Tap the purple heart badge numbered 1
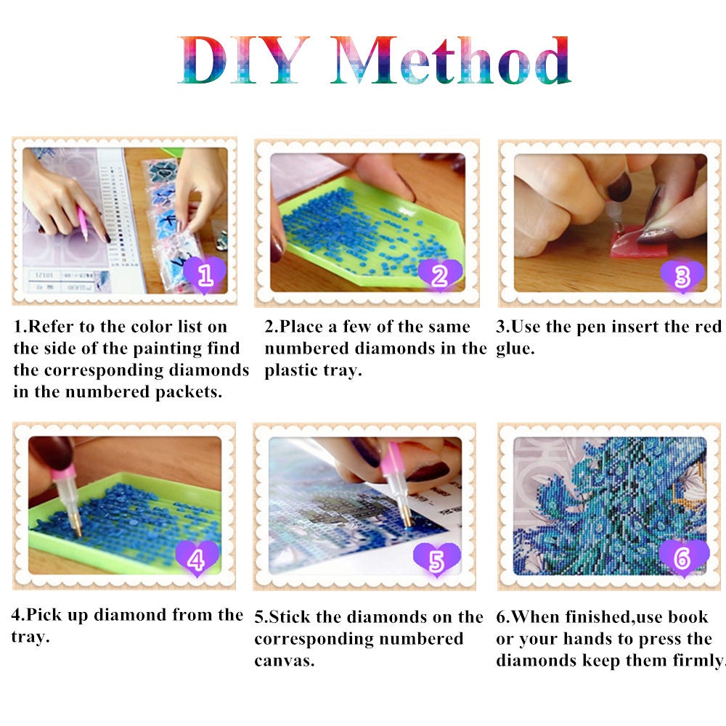point(205,275)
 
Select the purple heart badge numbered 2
point(439,275)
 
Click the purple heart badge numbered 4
point(197,558)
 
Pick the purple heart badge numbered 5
point(436,559)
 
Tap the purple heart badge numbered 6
point(682,558)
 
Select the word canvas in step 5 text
point(284,661)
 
